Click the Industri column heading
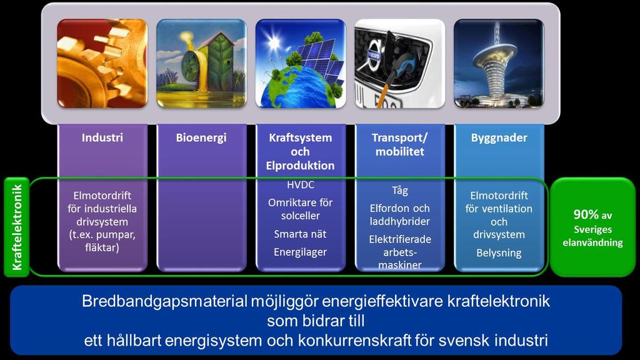tap(102, 137)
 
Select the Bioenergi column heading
tap(201, 138)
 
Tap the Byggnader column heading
tap(499, 138)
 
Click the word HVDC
tap(301, 185)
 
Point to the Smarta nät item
tap(301, 234)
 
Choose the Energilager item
tap(301, 252)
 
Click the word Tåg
tap(399, 191)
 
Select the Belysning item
tap(499, 253)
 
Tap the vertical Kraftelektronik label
tap(17, 227)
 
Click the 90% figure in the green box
tap(586, 214)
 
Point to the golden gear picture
tap(102, 63)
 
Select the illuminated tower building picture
tap(499, 63)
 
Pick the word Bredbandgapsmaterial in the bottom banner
tap(164, 301)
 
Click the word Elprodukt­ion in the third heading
tap(301, 165)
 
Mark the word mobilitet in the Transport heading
tap(399, 151)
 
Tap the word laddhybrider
tap(399, 221)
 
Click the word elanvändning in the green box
tap(592, 242)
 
